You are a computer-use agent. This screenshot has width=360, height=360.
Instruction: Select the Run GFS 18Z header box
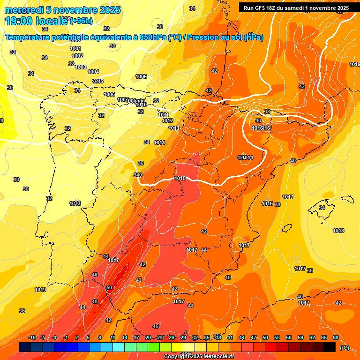click(296, 8)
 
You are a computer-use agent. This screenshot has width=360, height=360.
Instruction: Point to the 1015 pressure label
click(180, 178)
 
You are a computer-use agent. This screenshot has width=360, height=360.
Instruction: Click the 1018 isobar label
click(338, 231)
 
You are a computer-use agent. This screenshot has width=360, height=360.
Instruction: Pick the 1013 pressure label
click(174, 128)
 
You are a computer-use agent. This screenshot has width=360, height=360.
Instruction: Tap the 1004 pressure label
click(93, 72)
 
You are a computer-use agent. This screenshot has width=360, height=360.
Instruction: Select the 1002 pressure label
click(77, 56)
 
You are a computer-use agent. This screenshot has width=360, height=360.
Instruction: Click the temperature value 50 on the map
click(109, 287)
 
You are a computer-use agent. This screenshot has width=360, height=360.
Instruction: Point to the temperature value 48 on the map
click(95, 301)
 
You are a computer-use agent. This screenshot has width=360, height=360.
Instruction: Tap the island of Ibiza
click(285, 228)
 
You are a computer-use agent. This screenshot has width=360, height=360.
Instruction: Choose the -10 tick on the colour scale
click(32, 337)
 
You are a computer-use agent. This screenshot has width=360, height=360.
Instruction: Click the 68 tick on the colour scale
click(336, 337)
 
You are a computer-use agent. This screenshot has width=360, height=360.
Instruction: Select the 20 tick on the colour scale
click(148, 337)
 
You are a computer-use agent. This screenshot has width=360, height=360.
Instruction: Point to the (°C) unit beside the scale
click(345, 347)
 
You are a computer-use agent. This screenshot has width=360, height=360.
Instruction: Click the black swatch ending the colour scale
click(330, 347)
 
